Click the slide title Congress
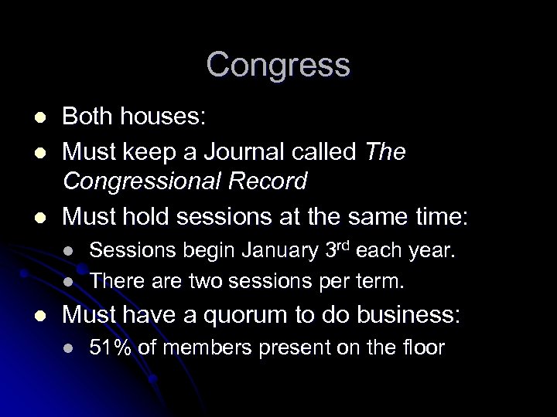click(x=278, y=65)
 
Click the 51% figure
click(x=109, y=348)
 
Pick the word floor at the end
click(x=425, y=348)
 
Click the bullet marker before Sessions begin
click(x=68, y=252)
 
